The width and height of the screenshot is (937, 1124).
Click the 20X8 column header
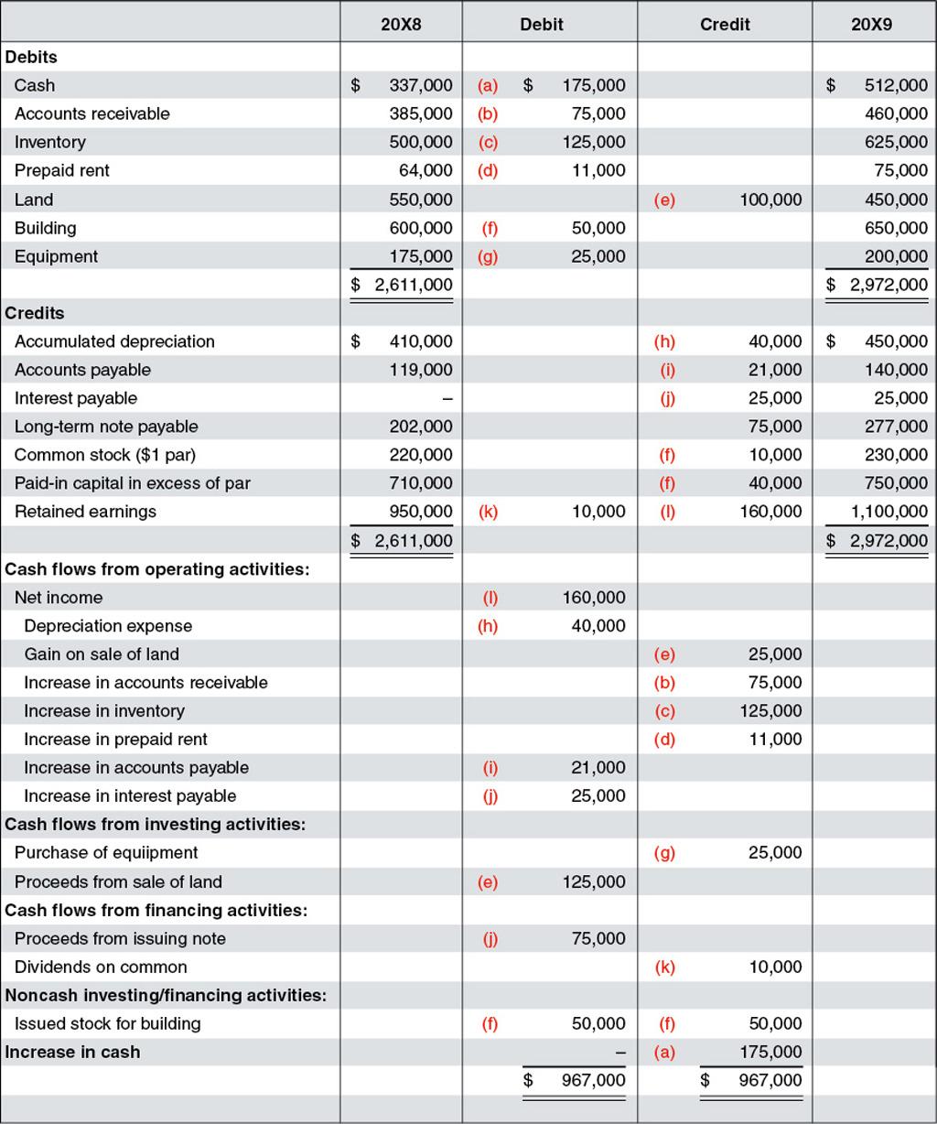click(401, 25)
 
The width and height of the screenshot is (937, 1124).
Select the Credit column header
click(725, 25)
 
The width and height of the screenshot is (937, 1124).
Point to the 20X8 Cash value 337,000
click(420, 85)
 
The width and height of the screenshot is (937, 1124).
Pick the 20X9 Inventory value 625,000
click(896, 142)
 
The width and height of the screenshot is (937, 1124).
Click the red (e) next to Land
click(665, 200)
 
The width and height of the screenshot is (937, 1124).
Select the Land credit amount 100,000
click(770, 200)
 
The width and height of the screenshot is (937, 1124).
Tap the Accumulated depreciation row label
click(114, 341)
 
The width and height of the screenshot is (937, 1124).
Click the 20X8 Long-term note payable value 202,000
click(425, 427)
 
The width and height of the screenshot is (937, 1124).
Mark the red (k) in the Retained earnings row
click(488, 512)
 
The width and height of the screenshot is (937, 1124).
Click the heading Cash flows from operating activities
click(157, 569)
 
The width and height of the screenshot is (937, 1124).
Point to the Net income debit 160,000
click(594, 598)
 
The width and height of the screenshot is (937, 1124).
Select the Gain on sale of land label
click(102, 654)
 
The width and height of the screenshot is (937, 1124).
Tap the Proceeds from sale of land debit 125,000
click(594, 882)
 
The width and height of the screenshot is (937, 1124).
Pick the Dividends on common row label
click(101, 967)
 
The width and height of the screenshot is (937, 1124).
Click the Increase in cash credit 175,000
click(770, 1053)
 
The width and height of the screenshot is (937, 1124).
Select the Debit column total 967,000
click(594, 1081)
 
